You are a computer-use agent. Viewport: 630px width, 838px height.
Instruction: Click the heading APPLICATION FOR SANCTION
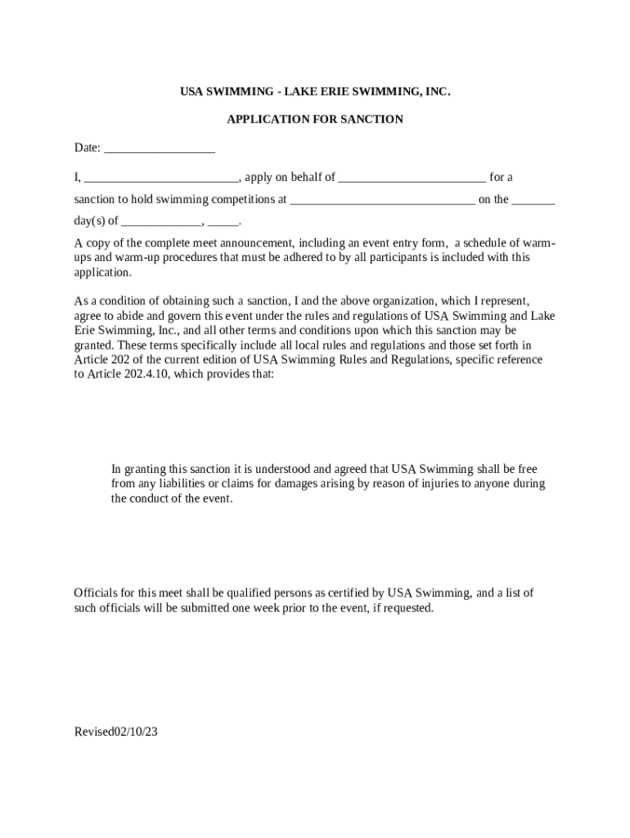click(315, 119)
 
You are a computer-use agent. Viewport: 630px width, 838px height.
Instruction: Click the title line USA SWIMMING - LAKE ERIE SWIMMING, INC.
click(315, 91)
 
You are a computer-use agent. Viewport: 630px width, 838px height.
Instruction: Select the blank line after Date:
click(160, 150)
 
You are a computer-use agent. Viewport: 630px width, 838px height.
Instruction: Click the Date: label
click(88, 148)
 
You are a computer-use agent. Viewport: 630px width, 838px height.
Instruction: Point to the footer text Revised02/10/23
click(115, 732)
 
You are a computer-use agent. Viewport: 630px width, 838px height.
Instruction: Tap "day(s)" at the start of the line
click(89, 222)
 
